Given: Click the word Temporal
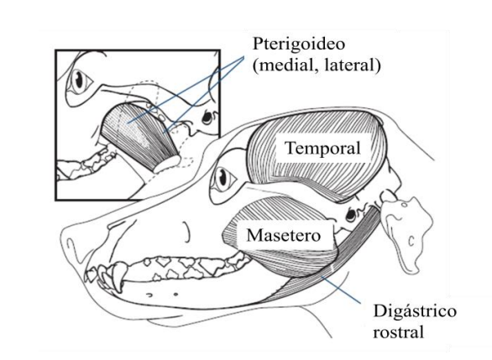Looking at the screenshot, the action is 323,149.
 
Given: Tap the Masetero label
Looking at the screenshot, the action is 284,235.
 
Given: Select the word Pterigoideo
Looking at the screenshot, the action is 299,44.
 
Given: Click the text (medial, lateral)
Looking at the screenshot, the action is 317,65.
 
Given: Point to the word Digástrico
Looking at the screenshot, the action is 415,312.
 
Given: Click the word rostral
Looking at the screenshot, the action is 398,331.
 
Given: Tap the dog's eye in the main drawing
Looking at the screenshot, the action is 223,178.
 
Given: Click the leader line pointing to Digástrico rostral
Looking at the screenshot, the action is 342,290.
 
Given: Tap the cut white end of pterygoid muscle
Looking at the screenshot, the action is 167,164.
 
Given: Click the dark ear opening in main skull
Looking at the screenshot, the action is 350,214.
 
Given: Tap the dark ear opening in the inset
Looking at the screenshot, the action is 207,117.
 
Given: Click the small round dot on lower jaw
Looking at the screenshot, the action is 175,295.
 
